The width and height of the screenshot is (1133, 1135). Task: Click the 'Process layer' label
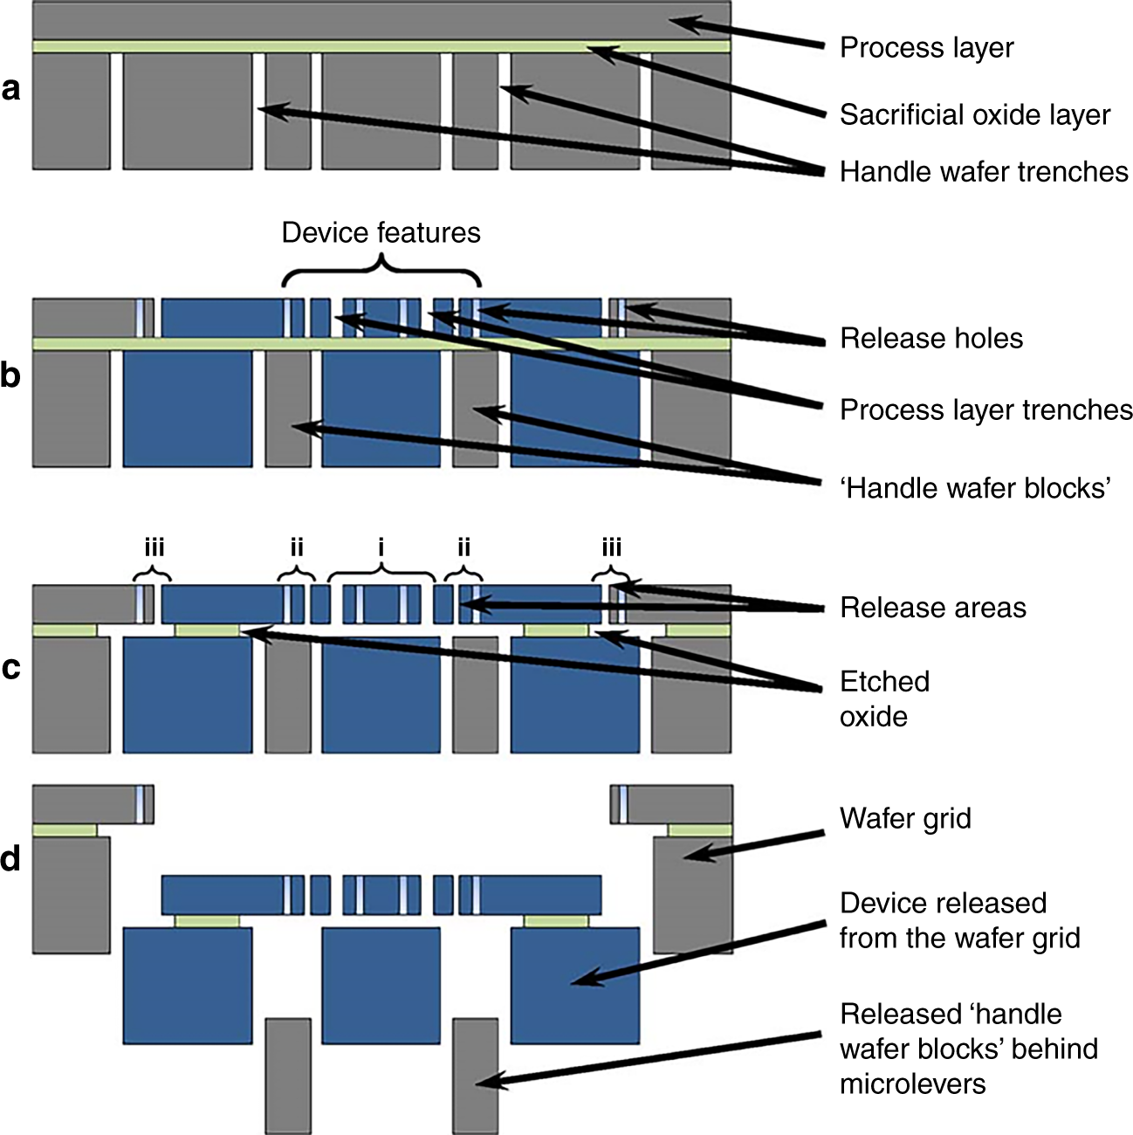pyautogui.click(x=926, y=47)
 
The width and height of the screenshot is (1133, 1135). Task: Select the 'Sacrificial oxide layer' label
pyautogui.click(x=974, y=114)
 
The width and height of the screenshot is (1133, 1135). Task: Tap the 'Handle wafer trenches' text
pyautogui.click(x=984, y=171)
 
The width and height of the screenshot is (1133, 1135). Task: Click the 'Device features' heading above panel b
pyautogui.click(x=381, y=232)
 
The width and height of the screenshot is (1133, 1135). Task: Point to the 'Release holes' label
pyautogui.click(x=930, y=338)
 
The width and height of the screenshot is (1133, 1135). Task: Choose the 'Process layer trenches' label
pyautogui.click(x=985, y=409)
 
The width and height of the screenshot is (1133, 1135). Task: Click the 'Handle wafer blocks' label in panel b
pyautogui.click(x=975, y=487)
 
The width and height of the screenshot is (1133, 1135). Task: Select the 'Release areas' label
pyautogui.click(x=932, y=608)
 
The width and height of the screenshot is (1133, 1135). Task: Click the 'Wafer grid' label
pyautogui.click(x=904, y=818)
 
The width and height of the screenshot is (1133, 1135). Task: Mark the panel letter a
pyautogui.click(x=11, y=88)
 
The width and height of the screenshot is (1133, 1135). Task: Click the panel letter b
pyautogui.click(x=11, y=375)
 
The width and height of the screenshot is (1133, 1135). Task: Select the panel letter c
pyautogui.click(x=11, y=667)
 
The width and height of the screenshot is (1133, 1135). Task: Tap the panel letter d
pyautogui.click(x=11, y=859)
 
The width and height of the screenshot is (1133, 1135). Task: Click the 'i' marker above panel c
pyautogui.click(x=381, y=547)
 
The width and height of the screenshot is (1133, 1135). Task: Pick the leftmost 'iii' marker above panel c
pyautogui.click(x=154, y=547)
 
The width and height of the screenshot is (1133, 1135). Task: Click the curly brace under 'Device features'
pyautogui.click(x=381, y=272)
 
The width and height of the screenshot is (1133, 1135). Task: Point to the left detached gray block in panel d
pyautogui.click(x=288, y=1075)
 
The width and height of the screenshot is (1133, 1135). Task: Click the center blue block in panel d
pyautogui.click(x=381, y=986)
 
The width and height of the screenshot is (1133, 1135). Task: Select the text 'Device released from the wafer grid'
pyautogui.click(x=958, y=920)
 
